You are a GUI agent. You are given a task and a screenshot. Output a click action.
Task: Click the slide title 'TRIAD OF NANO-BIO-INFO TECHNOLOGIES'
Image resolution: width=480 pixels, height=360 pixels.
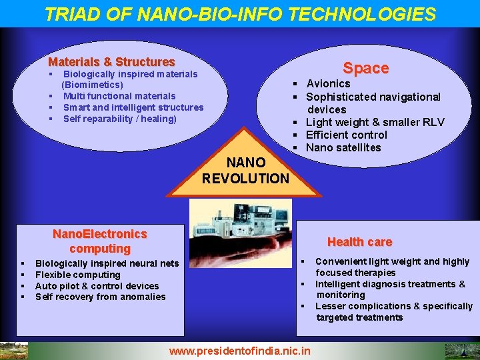tap(240, 14)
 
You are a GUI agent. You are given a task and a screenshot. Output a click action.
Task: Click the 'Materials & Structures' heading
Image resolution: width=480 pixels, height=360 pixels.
tap(111, 62)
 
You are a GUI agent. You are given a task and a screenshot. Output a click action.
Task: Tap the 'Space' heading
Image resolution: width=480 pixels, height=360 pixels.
tap(365, 68)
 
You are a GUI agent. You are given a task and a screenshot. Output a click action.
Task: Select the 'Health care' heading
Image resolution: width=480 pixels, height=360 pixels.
tap(359, 242)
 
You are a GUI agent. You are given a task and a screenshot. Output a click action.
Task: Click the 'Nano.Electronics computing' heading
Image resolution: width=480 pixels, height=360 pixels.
tap(100, 241)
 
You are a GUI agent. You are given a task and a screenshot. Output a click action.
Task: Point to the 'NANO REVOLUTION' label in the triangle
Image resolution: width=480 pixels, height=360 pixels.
tap(245, 170)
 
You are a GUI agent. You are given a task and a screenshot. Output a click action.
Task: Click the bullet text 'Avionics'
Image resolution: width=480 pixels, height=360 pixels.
tap(328, 83)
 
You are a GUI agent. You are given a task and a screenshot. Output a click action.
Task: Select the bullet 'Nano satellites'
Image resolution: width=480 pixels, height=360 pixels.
tap(343, 147)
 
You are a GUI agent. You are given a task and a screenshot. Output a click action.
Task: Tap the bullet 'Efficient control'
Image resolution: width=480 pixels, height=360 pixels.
tap(346, 135)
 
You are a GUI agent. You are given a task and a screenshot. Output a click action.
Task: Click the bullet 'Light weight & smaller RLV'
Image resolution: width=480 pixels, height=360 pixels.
tap(375, 122)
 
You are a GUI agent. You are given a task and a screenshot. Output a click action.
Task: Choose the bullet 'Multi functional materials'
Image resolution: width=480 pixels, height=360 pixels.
tap(119, 96)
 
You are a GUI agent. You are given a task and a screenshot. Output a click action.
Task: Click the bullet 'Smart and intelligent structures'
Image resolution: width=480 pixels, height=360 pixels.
tap(133, 107)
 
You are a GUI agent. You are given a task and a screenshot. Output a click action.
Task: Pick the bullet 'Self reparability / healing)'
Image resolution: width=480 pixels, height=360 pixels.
tap(120, 119)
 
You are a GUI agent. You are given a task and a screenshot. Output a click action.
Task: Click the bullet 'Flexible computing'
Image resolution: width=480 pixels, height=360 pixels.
tap(78, 275)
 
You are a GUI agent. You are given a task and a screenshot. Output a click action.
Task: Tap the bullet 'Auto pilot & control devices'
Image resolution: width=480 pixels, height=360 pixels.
tap(97, 286)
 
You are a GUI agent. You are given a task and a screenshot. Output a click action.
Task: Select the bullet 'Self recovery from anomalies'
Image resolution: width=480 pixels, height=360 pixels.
tap(100, 297)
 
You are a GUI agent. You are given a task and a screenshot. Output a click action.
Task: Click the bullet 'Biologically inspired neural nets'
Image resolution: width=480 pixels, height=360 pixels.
tap(107, 263)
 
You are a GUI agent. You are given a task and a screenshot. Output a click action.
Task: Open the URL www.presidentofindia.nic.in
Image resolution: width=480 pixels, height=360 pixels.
tap(240, 350)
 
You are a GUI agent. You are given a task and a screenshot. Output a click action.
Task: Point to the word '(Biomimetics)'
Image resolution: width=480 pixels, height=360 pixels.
tap(92, 85)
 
